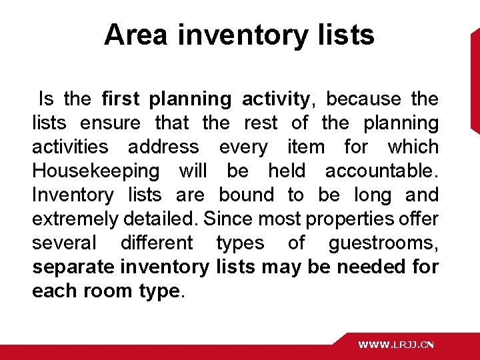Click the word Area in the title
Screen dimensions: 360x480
pos(135,35)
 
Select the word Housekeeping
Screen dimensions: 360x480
pos(96,171)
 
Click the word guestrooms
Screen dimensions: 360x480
pos(383,243)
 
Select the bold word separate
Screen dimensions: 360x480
pos(73,267)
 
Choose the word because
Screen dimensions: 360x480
pos(363,99)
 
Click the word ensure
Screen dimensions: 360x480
pos(110,123)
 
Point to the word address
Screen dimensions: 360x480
pos(163,147)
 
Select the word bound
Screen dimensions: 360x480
pos(246,195)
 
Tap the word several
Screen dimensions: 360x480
pos(64,243)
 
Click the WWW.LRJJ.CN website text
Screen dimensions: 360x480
pos(396,345)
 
